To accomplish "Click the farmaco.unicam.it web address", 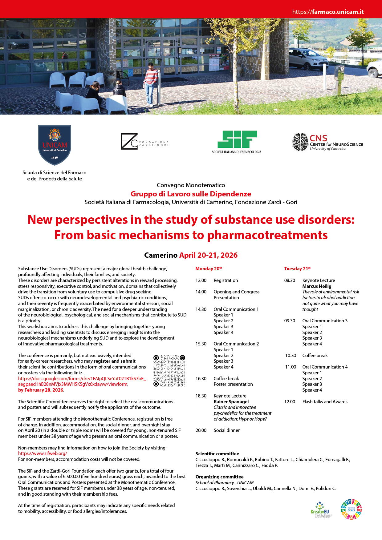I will (x=328, y=12).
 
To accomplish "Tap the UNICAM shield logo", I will (x=55, y=145).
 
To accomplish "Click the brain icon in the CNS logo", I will (x=300, y=142).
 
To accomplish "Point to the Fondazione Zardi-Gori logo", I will (x=144, y=142).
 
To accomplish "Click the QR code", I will (x=169, y=371).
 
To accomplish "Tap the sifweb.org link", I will (x=43, y=453).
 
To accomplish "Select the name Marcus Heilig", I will (x=317, y=286).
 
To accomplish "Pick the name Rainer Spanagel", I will (x=231, y=401).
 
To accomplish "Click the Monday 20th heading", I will (x=209, y=268).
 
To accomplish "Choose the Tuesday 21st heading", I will (x=297, y=268).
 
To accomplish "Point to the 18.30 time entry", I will (x=201, y=396).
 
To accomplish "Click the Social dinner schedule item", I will (x=226, y=430).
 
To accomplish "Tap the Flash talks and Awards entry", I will (x=325, y=401).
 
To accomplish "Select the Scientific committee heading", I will (x=217, y=453).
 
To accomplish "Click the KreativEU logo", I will (x=321, y=510).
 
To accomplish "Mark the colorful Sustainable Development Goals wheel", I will (x=351, y=510).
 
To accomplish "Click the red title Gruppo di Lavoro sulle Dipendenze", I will (x=191, y=194).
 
